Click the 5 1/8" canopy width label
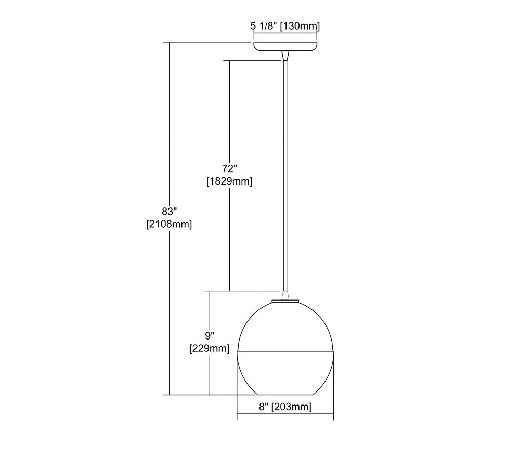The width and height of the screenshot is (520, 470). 264,26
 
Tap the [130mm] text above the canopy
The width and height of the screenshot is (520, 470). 300,26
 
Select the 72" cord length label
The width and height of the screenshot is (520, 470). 230,169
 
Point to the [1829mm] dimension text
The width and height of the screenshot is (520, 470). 229,181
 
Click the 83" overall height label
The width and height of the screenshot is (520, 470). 170,211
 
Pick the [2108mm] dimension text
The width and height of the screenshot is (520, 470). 169,224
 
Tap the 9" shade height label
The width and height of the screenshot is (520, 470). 210,336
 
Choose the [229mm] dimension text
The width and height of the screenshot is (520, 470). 210,349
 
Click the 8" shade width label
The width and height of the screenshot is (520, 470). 264,407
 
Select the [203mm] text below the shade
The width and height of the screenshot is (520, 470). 292,407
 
